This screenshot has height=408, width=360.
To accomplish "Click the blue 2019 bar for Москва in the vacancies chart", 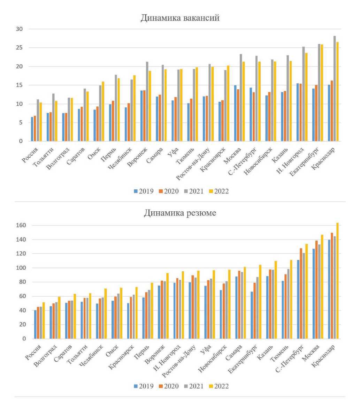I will [x=236, y=113].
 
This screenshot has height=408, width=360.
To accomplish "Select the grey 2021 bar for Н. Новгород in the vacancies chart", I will [x=303, y=94].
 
